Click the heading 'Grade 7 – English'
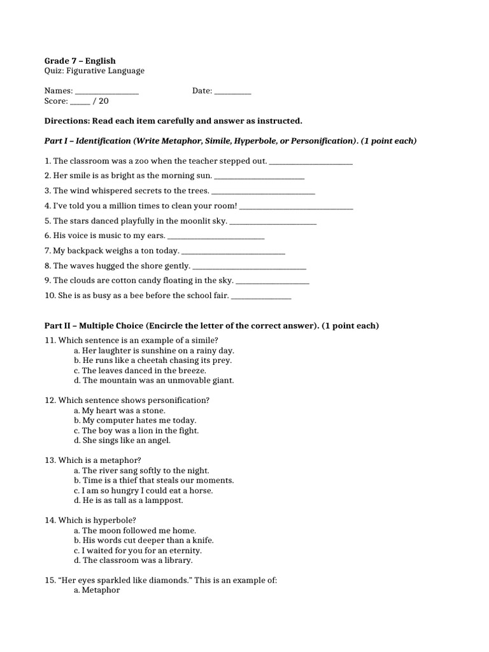tap(80, 60)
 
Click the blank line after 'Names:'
tap(107, 92)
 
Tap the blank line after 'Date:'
tap(232, 92)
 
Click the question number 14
tap(50, 520)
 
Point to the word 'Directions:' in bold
tap(67, 121)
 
